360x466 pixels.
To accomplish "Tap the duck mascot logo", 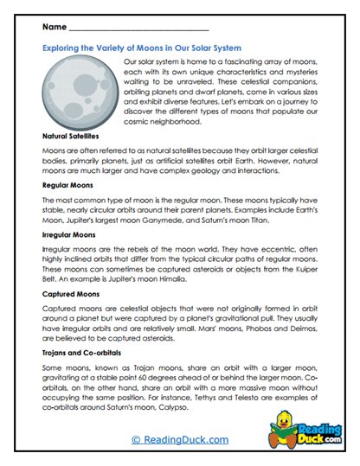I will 291,432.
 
